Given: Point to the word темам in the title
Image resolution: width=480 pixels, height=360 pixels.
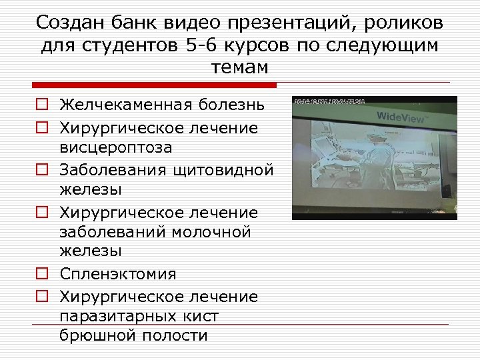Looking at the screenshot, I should pyautogui.click(x=239, y=68).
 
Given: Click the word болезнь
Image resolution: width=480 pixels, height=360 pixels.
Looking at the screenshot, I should pyautogui.click(x=231, y=105).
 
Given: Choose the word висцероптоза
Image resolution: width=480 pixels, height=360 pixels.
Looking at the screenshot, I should pyautogui.click(x=116, y=147).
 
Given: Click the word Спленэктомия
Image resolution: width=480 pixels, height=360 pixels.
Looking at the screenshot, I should pyautogui.click(x=118, y=274).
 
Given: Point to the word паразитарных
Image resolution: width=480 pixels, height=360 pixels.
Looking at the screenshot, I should pyautogui.click(x=117, y=316).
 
